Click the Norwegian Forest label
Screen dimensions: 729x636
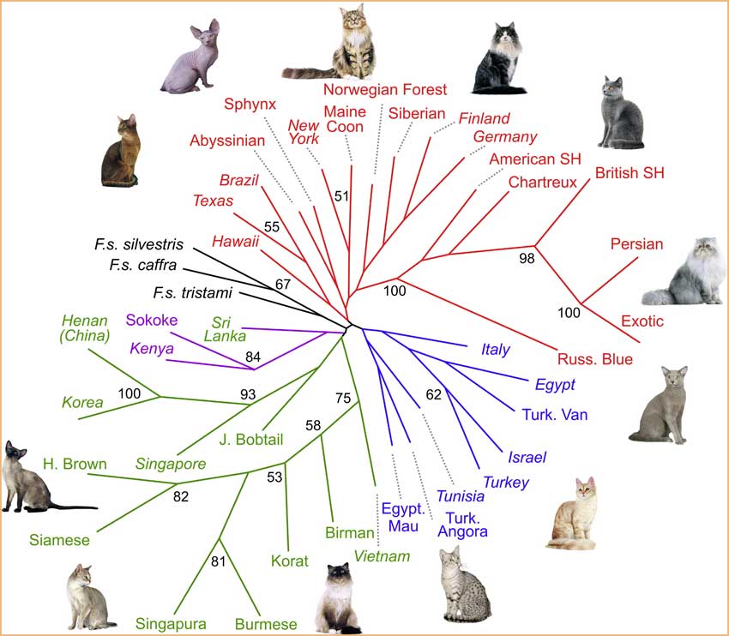385,89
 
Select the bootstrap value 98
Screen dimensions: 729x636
527,258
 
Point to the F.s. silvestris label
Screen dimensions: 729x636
139,244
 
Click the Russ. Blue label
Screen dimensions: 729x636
595,359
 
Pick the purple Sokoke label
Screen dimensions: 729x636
152,320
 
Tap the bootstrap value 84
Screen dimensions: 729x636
253,357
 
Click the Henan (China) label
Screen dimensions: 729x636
85,328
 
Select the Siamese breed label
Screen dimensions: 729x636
59,540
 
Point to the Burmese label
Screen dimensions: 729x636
266,624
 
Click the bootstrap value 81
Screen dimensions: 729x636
218,561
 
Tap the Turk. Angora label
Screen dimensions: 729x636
462,525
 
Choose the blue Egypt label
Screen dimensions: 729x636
555,385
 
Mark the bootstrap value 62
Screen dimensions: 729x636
433,394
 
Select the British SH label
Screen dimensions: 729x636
630,173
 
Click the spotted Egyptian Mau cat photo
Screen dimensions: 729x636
466,585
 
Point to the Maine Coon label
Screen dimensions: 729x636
345,119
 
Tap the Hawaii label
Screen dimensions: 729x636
235,242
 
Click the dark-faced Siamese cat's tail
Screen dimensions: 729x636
74,507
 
